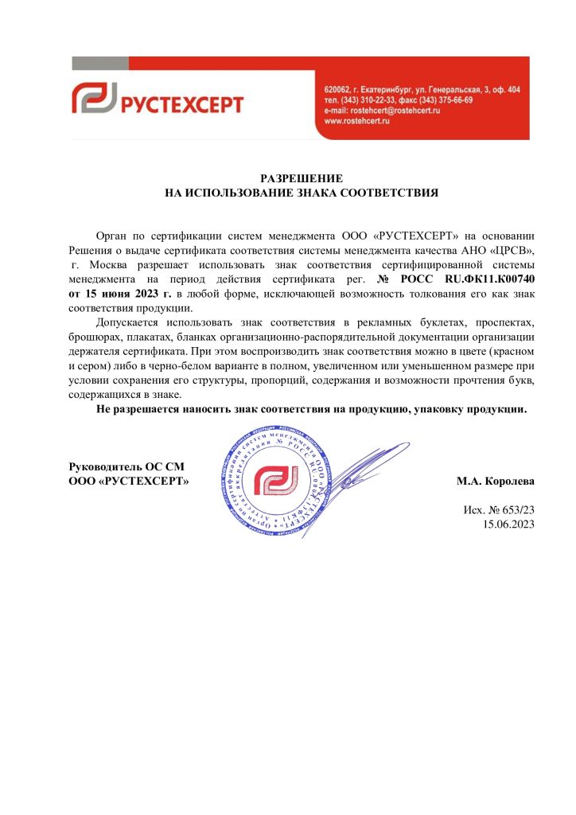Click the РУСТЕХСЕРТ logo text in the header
(181, 103)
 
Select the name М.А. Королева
(495, 482)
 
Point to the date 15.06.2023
(508, 524)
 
